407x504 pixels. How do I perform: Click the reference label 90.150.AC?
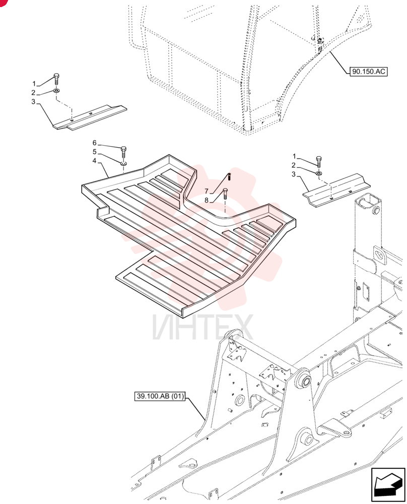(x=368, y=71)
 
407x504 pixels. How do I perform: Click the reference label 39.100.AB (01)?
(x=160, y=396)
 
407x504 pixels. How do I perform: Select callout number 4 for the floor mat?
(x=94, y=160)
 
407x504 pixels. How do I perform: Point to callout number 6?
(x=94, y=143)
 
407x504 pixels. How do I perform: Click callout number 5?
(x=94, y=152)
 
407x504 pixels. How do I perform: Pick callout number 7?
(x=207, y=192)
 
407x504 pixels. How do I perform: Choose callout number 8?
(x=207, y=200)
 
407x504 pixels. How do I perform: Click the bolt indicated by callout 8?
(x=225, y=194)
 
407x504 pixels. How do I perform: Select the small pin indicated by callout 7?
(x=229, y=176)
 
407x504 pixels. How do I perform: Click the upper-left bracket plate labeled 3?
(x=90, y=117)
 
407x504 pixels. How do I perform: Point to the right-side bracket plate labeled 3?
(x=336, y=191)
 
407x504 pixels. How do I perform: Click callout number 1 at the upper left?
(x=34, y=84)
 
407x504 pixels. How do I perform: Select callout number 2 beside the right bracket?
(x=293, y=165)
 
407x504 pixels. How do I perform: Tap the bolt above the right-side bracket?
(x=319, y=162)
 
